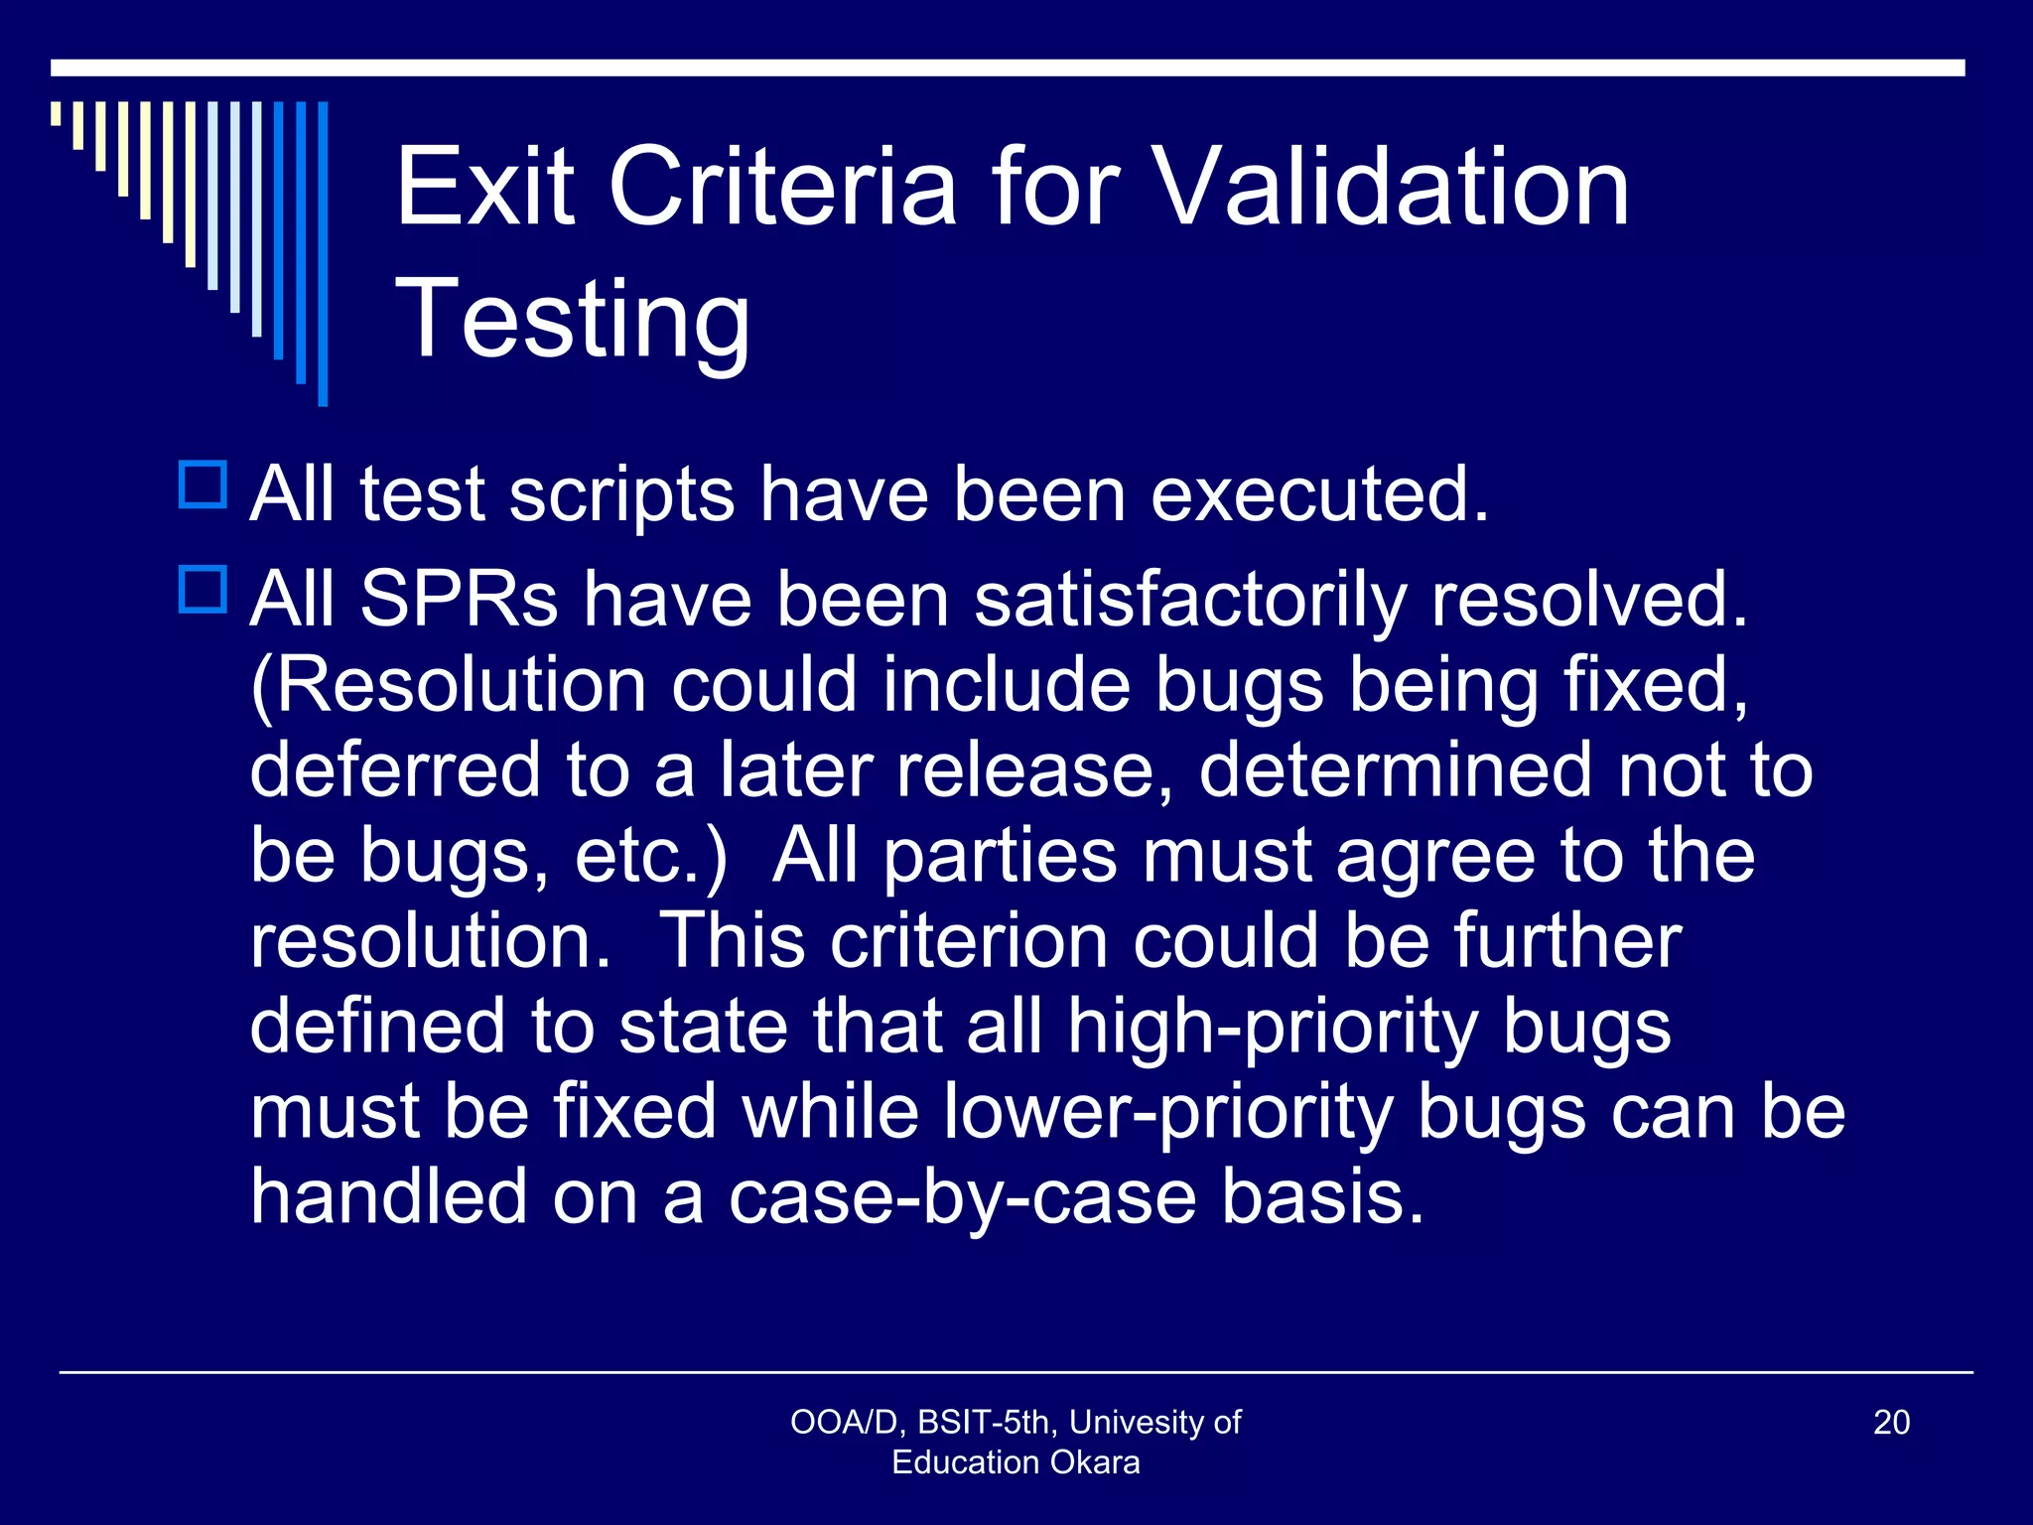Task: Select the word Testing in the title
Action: tap(573, 319)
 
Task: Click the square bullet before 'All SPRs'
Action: tap(203, 590)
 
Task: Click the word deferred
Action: tap(395, 769)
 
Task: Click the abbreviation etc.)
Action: tap(651, 856)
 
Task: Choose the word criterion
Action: tap(969, 940)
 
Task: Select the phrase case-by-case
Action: tap(962, 1197)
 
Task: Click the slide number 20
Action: tap(1891, 1423)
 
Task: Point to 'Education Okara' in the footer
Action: tap(1016, 1462)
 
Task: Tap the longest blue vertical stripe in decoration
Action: tap(323, 253)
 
